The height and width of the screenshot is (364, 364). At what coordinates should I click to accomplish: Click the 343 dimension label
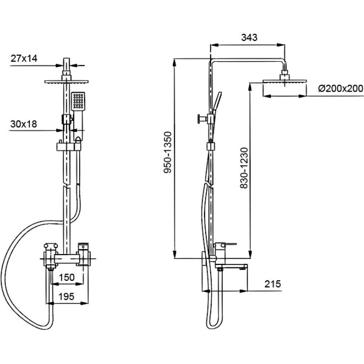(x=249, y=37)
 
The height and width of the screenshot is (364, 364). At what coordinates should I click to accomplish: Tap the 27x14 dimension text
(x=24, y=58)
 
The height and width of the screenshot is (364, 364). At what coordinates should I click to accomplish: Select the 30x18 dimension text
(x=23, y=124)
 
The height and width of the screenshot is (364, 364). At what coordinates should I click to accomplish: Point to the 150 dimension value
(x=67, y=277)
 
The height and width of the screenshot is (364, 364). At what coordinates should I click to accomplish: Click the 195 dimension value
(x=66, y=296)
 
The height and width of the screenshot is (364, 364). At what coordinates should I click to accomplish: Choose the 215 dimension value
(x=272, y=284)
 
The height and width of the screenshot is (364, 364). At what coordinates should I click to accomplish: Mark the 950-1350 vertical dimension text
(x=168, y=152)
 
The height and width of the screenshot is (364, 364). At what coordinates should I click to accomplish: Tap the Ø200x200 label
(x=340, y=88)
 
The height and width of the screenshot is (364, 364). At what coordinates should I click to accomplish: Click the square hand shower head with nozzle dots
(x=78, y=102)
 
